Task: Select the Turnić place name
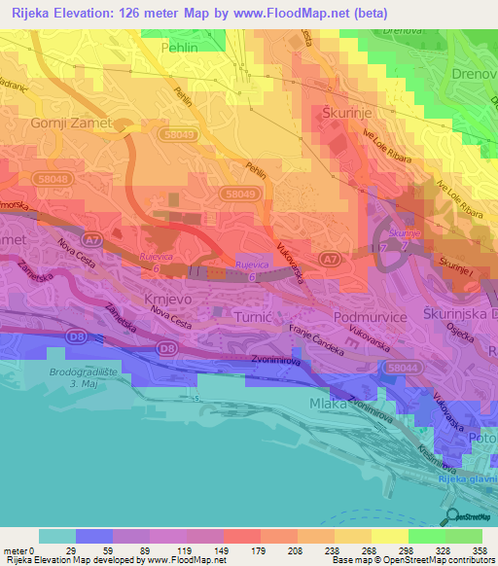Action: point(258,317)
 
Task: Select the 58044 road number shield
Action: point(396,367)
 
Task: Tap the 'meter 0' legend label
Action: point(18,550)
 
